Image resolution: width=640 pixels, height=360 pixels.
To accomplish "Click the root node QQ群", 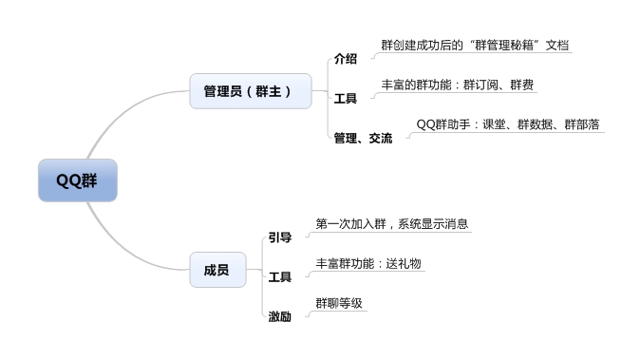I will click(77, 180).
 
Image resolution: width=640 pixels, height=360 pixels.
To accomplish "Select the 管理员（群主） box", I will click(251, 91).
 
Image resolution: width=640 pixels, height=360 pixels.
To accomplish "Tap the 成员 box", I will click(216, 270).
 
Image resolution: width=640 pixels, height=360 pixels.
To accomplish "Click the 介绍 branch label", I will click(346, 59).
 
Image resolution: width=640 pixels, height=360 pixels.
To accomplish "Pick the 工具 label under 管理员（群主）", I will click(346, 98).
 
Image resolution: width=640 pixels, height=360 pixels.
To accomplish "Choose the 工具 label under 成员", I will click(280, 276).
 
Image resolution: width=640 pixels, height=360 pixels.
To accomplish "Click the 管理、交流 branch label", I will click(363, 138).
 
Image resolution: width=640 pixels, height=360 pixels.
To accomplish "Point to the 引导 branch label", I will click(280, 237).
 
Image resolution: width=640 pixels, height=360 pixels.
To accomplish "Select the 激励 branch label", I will click(280, 315).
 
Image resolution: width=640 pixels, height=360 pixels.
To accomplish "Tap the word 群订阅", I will click(482, 85).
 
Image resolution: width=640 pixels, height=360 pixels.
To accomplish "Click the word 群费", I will click(521, 85).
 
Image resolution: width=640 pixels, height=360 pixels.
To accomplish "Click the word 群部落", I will click(582, 124).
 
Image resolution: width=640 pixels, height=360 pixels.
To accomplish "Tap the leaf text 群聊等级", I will click(340, 303).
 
